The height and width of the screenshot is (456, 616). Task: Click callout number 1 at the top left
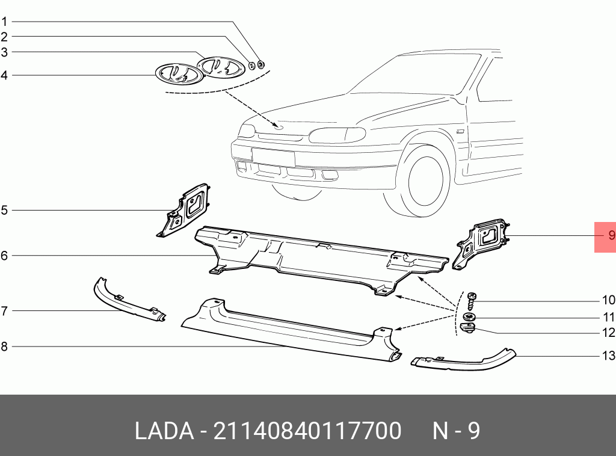[x=4, y=22]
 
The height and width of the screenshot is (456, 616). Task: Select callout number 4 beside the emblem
[x=4, y=75]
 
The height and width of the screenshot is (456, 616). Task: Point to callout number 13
[x=609, y=356]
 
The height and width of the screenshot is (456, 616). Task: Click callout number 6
[x=4, y=256]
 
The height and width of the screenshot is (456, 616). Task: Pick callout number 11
[x=609, y=317]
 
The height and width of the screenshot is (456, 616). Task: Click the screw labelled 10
[x=471, y=298]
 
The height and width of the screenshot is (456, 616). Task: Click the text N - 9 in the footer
[x=457, y=431]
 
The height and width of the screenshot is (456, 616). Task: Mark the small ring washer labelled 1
[x=261, y=64]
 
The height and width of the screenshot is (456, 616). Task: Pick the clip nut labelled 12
[x=467, y=328]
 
